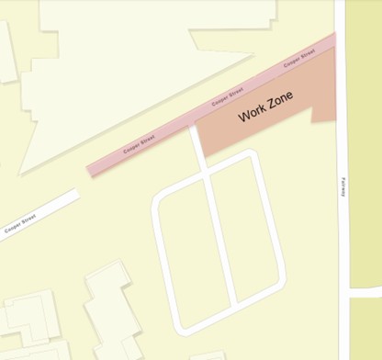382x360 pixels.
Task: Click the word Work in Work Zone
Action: tap(253, 114)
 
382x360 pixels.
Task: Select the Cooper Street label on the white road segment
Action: tap(19, 224)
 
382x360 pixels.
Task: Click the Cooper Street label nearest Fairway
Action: tap(299, 60)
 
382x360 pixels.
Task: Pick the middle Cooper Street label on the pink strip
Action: tap(227, 95)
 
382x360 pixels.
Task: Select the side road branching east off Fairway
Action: tap(365, 293)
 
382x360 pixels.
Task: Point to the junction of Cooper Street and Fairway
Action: tap(339, 41)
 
